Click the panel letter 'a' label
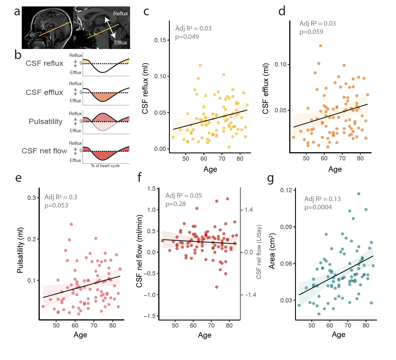pyautogui.click(x=17, y=12)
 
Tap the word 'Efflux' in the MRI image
pyautogui.click(x=120, y=43)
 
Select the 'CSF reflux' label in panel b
pyautogui.click(x=44, y=63)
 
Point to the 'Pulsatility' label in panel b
pyautogui.click(x=45, y=122)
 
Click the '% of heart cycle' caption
pyautogui.click(x=105, y=166)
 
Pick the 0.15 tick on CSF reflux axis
pyautogui.click(x=160, y=40)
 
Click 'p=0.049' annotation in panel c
pyautogui.click(x=187, y=37)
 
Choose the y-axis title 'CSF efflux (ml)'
pyautogui.click(x=265, y=88)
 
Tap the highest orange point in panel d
pyautogui.click(x=320, y=46)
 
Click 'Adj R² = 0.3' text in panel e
pyautogui.click(x=61, y=197)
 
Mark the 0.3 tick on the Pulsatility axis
pyautogui.click(x=32, y=198)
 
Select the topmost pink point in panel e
pyautogui.click(x=71, y=224)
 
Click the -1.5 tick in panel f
pyautogui.click(x=151, y=316)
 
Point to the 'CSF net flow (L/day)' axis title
pyautogui.click(x=259, y=252)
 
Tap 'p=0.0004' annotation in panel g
pyautogui.click(x=318, y=207)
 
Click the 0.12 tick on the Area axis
pyautogui.click(x=286, y=190)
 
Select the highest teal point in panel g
pyautogui.click(x=359, y=194)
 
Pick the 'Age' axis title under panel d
pyautogui.click(x=335, y=169)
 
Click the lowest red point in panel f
pyautogui.click(x=217, y=287)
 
